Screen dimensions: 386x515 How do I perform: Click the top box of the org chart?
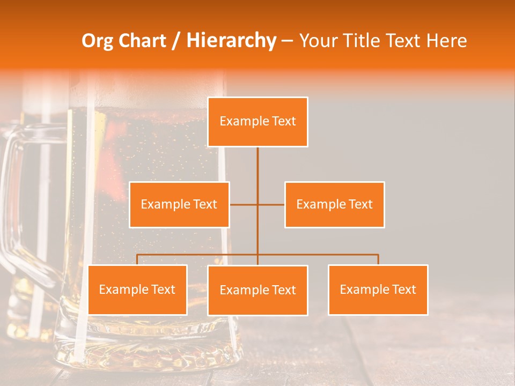pos(257,122)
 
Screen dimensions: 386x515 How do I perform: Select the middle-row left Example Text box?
pos(179,204)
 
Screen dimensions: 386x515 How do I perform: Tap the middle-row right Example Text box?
pos(334,204)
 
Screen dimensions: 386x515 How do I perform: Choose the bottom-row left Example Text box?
pos(137,289)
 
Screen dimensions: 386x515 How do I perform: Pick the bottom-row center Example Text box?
pos(257,290)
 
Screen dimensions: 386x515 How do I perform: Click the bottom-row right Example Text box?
pos(378,289)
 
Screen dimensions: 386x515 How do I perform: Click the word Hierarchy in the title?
pos(231,41)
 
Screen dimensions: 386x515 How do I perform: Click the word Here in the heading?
pos(446,41)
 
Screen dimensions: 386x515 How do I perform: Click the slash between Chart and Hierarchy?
pos(175,41)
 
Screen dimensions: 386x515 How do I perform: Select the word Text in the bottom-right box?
pos(403,289)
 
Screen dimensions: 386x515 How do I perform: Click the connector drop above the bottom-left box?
pos(137,259)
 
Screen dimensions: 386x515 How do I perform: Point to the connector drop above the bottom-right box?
pos(378,259)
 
